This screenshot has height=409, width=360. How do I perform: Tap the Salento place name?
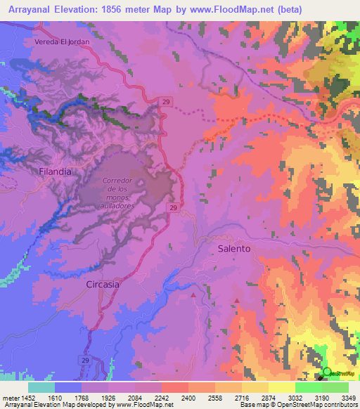[x=234, y=249]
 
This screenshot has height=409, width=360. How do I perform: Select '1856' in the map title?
[x=121, y=9]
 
